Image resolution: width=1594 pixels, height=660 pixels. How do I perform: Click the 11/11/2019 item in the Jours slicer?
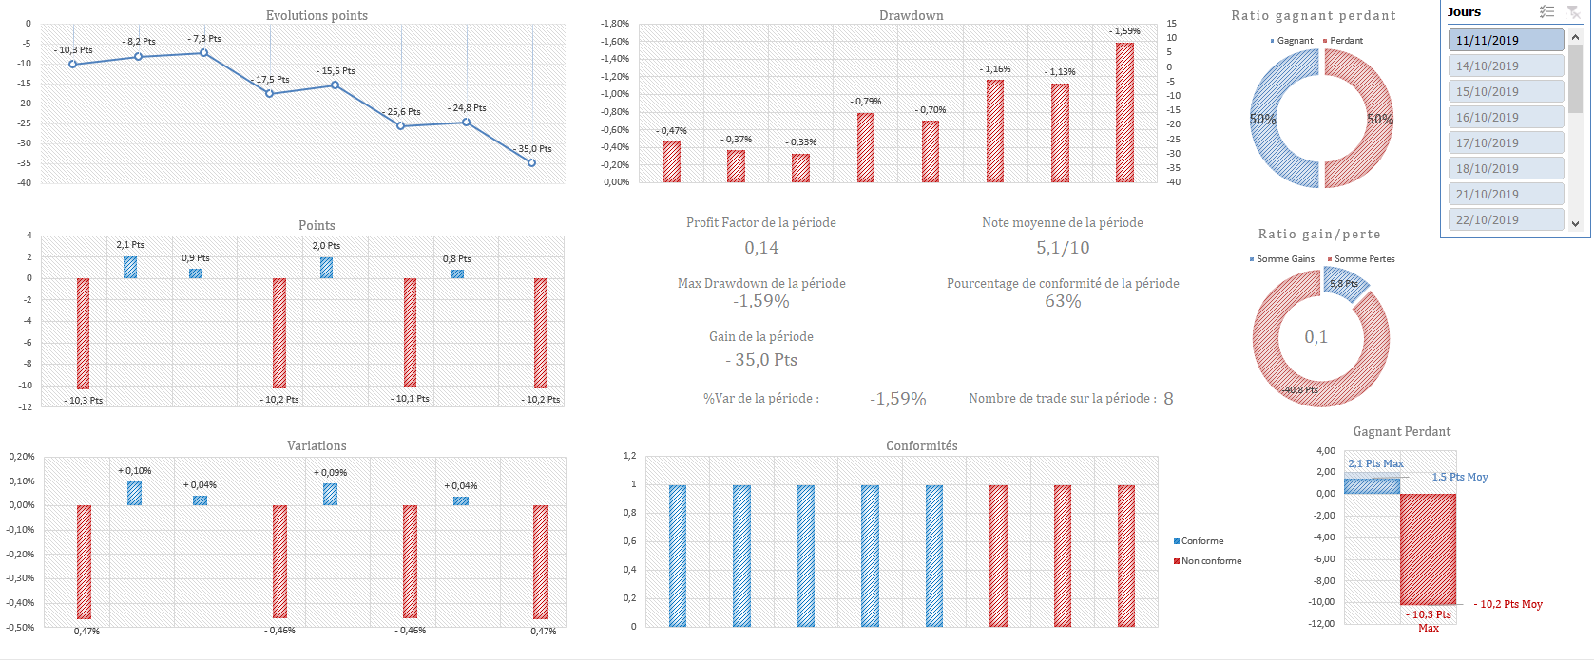[x=1506, y=40]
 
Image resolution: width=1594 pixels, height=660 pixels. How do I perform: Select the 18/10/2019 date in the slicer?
[x=1506, y=168]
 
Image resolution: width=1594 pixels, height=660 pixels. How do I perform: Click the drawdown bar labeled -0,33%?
[x=800, y=168]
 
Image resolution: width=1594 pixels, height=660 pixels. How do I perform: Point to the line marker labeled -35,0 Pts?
[x=531, y=162]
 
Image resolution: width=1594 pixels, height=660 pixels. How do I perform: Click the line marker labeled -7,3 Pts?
[x=203, y=53]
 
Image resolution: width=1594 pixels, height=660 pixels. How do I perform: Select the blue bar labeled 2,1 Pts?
[x=130, y=267]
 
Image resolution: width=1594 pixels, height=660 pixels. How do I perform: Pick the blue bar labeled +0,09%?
[x=330, y=494]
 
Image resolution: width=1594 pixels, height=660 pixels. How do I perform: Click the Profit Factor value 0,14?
[x=761, y=248]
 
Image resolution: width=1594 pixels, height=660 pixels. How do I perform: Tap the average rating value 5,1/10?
[x=1063, y=248]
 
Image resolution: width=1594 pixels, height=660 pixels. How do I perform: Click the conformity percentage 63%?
[x=1063, y=301]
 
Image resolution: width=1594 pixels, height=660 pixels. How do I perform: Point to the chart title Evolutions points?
[x=317, y=15]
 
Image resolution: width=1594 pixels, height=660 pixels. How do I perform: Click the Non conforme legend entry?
[x=1210, y=561]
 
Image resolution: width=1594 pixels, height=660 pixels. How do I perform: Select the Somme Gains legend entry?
[x=1284, y=259]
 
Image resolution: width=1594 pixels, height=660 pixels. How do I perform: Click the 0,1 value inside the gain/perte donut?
[x=1316, y=337]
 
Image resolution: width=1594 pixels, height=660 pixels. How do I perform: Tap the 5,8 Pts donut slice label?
[x=1344, y=284]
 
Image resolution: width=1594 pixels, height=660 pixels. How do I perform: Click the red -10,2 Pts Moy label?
[x=1509, y=604]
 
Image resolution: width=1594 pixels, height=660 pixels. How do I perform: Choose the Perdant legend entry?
[x=1345, y=41]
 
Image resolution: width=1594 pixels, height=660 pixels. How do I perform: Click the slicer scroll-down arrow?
[x=1575, y=224]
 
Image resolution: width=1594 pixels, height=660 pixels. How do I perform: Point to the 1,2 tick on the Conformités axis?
[x=629, y=456]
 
